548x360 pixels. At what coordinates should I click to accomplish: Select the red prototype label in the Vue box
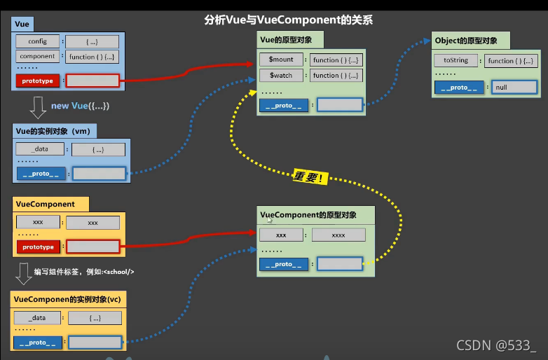[38, 81]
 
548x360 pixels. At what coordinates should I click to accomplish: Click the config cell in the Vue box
[38, 42]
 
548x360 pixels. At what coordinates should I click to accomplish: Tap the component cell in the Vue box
[38, 57]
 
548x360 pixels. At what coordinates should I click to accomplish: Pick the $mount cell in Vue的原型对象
[281, 60]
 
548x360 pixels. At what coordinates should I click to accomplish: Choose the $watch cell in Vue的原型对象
[281, 76]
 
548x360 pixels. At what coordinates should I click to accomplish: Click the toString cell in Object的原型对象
[455, 61]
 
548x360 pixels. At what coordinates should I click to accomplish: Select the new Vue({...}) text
[80, 106]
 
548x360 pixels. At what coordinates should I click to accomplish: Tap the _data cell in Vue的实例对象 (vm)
[39, 149]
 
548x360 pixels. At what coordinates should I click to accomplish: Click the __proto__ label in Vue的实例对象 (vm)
[39, 173]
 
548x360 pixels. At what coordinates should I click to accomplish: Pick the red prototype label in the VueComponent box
[38, 247]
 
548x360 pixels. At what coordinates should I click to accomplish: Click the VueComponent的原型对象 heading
[308, 215]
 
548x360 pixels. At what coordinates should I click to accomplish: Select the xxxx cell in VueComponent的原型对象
[338, 235]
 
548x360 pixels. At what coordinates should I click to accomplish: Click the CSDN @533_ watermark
[495, 345]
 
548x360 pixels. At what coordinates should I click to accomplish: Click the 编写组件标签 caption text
[83, 272]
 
